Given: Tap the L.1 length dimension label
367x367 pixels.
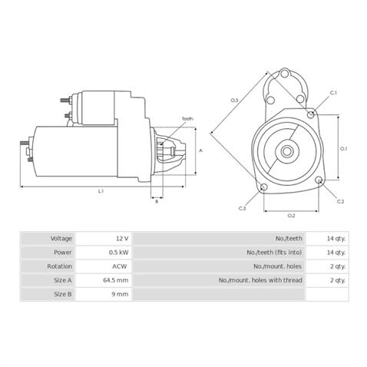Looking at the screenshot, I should (x=101, y=190).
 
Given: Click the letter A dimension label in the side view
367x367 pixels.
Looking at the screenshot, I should (x=200, y=151).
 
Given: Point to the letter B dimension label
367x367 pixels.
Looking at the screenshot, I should (x=157, y=201).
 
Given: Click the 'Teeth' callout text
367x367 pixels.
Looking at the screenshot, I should (x=187, y=117).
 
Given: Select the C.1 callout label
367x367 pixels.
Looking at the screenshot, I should (x=334, y=93).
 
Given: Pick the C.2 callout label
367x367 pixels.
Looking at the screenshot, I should (x=340, y=201).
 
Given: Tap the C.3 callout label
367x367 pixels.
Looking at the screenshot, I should (x=242, y=208).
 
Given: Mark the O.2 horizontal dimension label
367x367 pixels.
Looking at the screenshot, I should (x=291, y=216).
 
